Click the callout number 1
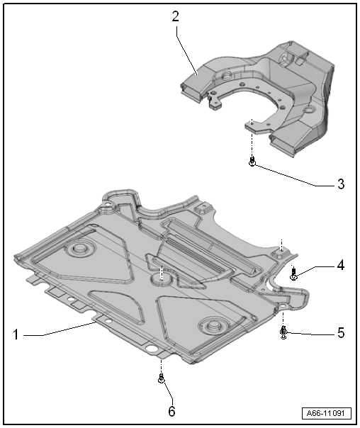[x=16, y=334]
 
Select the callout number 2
[x=175, y=16]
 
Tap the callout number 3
[x=341, y=184]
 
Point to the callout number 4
[x=341, y=265]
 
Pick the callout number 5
[x=341, y=333]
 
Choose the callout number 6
[x=171, y=411]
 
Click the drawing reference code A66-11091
[x=327, y=413]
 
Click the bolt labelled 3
[x=252, y=162]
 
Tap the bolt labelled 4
[x=293, y=274]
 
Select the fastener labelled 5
[x=283, y=332]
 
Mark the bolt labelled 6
[x=162, y=378]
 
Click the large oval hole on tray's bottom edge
[x=152, y=349]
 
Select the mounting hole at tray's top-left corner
[x=108, y=204]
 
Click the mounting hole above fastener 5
[x=283, y=306]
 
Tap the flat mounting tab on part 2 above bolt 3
[x=255, y=127]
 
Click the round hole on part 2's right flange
[x=309, y=110]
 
